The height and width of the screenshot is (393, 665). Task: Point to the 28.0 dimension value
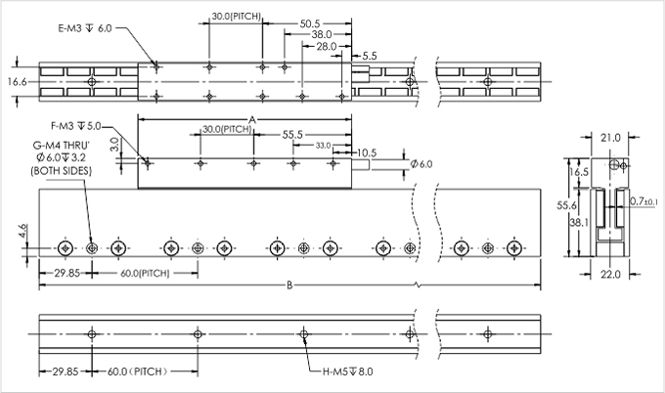click(x=327, y=46)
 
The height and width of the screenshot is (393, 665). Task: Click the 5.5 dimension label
click(x=370, y=57)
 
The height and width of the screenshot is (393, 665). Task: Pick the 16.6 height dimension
click(x=16, y=82)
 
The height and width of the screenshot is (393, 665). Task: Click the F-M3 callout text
click(x=75, y=126)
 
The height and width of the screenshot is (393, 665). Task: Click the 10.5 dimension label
click(x=367, y=153)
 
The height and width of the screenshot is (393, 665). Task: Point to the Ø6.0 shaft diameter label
click(x=421, y=163)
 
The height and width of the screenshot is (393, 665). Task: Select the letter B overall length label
click(x=289, y=286)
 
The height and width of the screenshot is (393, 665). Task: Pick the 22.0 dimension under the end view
click(x=611, y=275)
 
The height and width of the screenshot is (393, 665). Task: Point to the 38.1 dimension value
click(x=577, y=223)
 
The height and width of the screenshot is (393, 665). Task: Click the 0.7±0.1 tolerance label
click(x=644, y=200)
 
